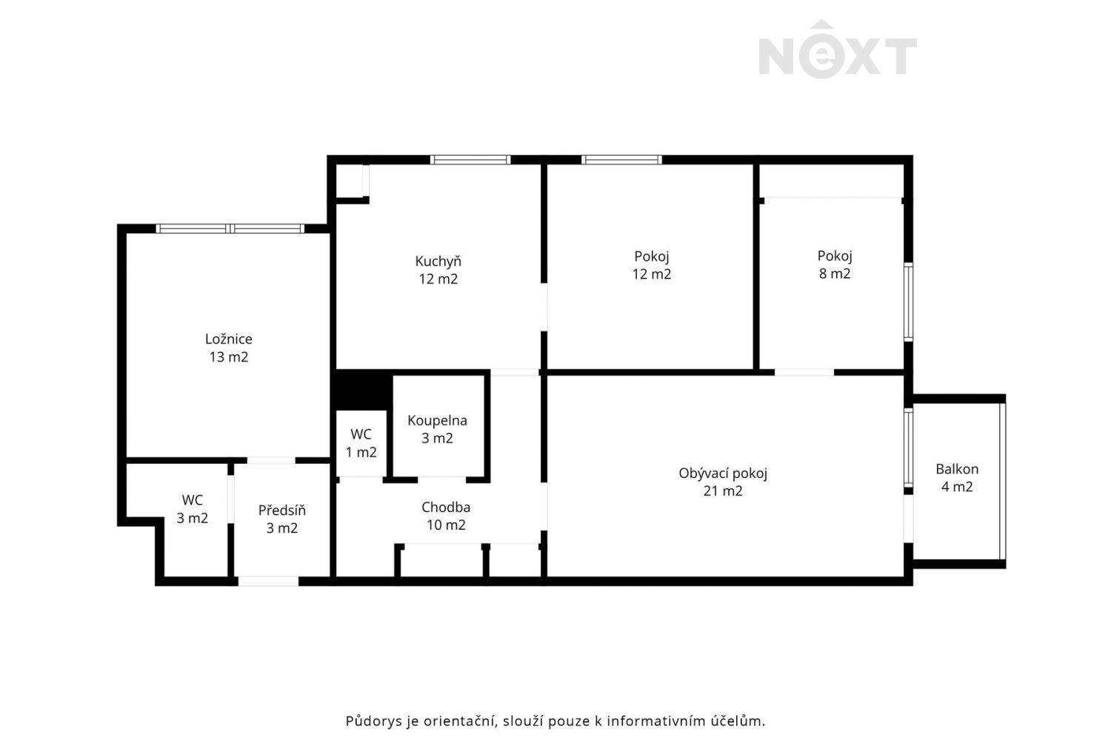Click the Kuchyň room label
pos(438,262)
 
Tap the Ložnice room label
pos(228,339)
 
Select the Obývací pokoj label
pos(723,473)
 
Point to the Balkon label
pos(957,469)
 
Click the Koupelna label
pos(437,421)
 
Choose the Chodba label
pos(446,508)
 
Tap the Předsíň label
pos(281,511)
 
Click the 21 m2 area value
pos(723,491)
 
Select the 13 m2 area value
pos(228,357)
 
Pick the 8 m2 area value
pos(835,273)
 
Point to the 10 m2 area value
pos(446,525)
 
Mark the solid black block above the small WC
pos(361,388)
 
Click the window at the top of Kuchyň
pos(470,159)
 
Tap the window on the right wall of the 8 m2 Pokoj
pos(909,302)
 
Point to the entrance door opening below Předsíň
pos(268,581)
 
